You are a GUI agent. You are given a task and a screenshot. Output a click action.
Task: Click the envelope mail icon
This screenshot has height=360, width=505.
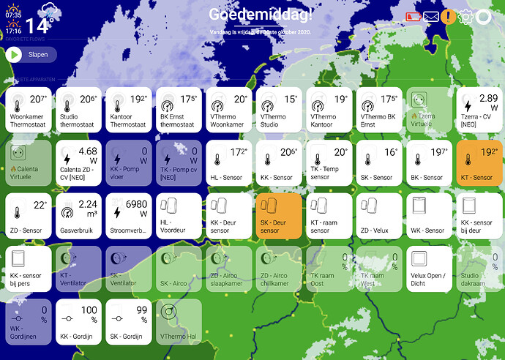[x=431, y=17]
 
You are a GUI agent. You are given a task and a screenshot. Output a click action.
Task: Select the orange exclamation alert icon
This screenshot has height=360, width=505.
[x=449, y=17]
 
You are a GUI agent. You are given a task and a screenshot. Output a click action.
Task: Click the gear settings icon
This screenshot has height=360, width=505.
[x=465, y=17]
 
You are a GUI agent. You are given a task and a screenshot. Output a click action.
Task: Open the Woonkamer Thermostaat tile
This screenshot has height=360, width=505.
[x=29, y=110]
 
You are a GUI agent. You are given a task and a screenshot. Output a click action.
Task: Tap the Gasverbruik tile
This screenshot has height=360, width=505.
[x=78, y=216]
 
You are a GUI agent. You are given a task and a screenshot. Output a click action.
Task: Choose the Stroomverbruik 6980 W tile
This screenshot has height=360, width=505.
[x=128, y=216]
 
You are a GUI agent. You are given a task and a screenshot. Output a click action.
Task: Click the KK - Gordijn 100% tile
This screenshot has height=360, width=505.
[x=78, y=321]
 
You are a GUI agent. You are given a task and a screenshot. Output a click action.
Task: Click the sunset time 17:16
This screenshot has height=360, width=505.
[x=13, y=31]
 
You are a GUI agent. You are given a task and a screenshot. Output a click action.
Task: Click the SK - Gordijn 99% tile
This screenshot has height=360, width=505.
[x=128, y=321]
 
